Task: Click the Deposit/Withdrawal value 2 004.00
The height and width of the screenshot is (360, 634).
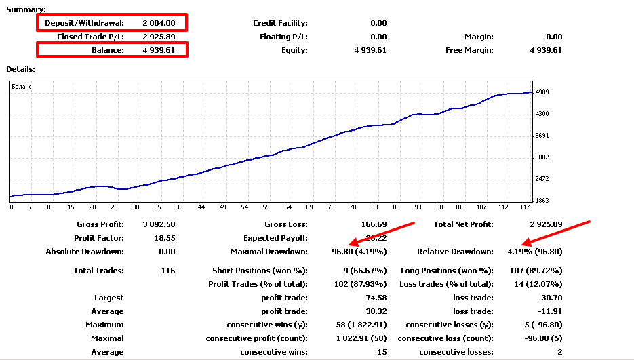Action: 159,23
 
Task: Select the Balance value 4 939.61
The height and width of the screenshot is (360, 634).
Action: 159,50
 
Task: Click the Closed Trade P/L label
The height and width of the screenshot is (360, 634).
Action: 90,37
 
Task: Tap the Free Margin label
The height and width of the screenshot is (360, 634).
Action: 469,50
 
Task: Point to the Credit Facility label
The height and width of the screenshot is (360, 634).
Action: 280,23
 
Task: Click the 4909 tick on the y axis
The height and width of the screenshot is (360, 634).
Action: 542,92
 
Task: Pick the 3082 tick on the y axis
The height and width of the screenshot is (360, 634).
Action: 542,157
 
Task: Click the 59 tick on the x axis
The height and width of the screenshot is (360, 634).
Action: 266,207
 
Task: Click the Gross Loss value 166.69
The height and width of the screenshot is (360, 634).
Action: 373,224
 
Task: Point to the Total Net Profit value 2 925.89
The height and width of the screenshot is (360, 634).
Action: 545,224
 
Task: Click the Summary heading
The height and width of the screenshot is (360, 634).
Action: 26,9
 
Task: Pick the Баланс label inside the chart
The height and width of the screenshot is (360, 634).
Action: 22,87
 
